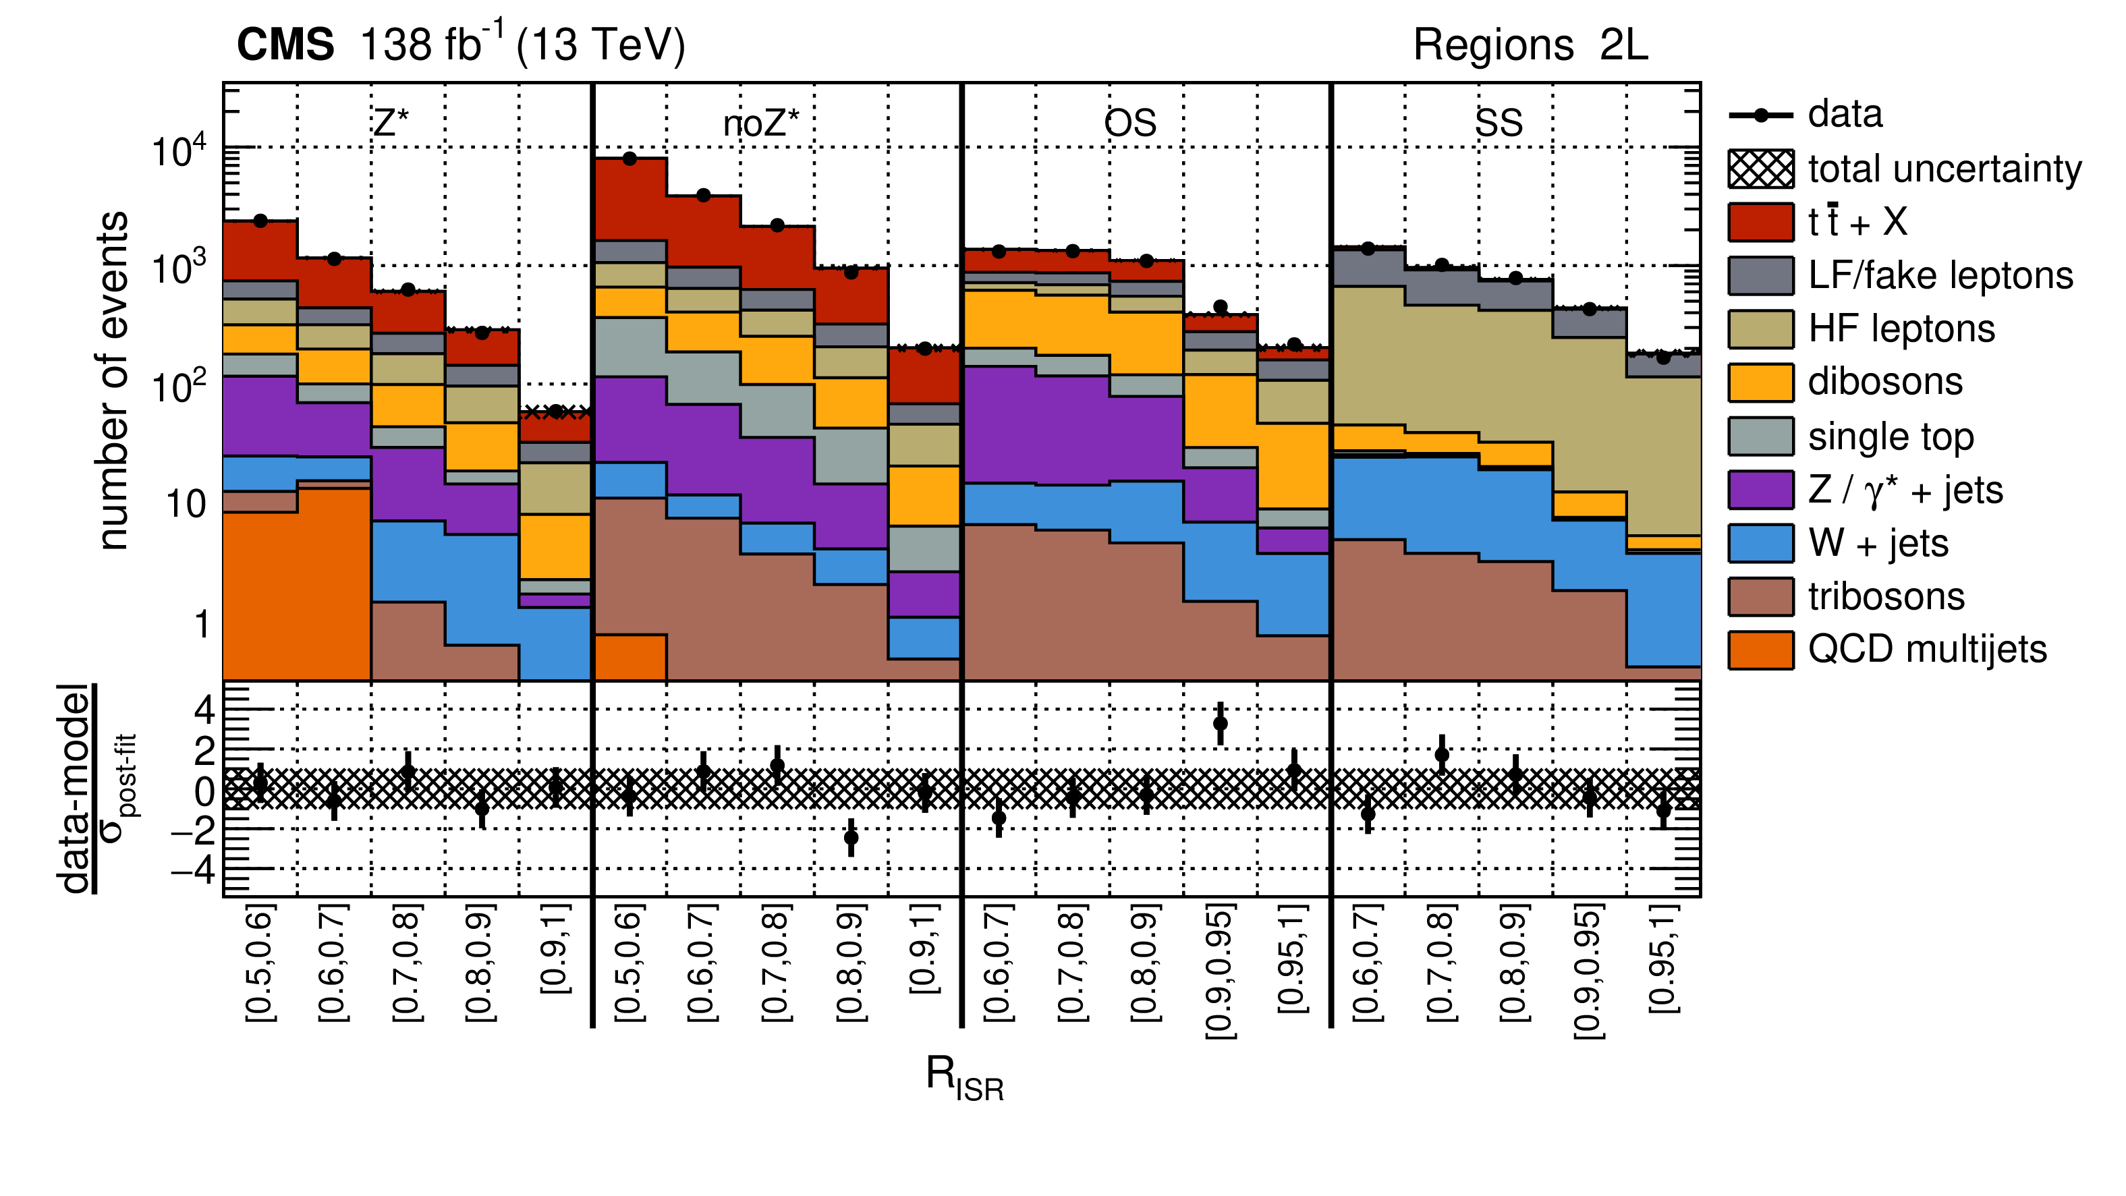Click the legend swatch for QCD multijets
tap(1760, 650)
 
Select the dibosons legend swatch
tap(1760, 382)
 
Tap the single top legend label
tap(1891, 436)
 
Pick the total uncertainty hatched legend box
tap(1760, 169)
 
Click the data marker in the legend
tap(1760, 115)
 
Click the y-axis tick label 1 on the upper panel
tap(201, 625)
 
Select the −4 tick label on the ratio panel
tap(193, 869)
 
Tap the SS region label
tap(1498, 124)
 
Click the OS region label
tap(1130, 124)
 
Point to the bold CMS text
tap(285, 45)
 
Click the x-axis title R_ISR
tap(964, 1078)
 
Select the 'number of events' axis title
tap(113, 380)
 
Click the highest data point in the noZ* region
tap(630, 159)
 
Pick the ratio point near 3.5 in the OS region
tap(1220, 724)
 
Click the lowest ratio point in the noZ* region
tap(851, 838)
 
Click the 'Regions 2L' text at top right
tap(1530, 45)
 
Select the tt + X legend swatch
tap(1760, 222)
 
